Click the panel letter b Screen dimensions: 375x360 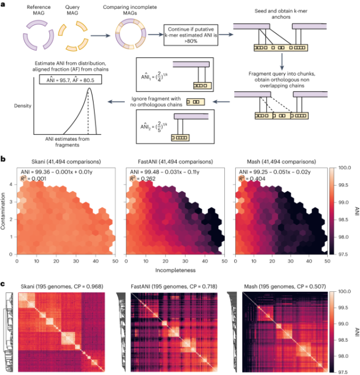click(4, 158)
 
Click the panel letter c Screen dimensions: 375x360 click(4, 284)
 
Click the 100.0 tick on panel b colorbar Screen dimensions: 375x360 click(344, 168)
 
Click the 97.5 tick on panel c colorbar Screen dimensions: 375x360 click(344, 371)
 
